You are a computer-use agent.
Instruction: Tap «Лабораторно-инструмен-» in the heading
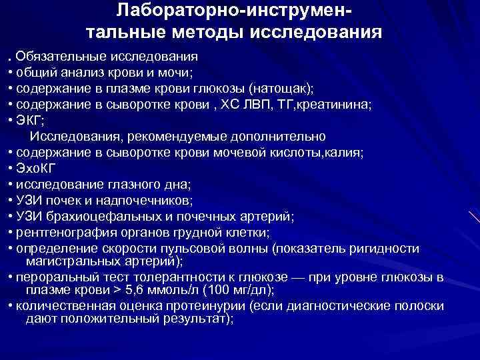click(237, 10)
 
